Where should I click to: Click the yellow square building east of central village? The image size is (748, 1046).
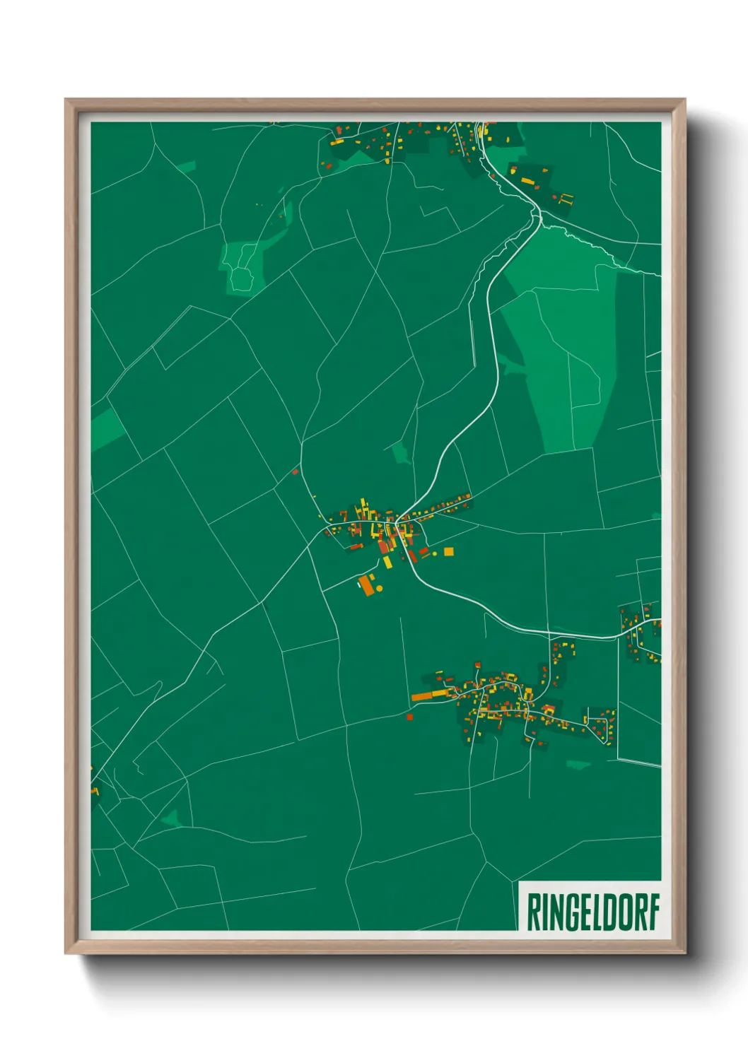coord(448,551)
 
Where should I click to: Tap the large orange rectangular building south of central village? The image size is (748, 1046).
coord(367,585)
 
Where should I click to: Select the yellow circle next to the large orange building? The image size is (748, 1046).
coord(380,588)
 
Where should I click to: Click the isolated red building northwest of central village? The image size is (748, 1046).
coord(296,471)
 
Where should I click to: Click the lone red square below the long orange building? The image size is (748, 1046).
coord(409,717)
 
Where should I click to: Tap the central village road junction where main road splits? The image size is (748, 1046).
coord(397,521)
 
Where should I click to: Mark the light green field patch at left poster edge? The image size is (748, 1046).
coord(106,428)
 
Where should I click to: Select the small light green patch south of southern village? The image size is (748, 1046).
coord(578,764)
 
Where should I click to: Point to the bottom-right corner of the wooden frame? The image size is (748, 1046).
coord(684,952)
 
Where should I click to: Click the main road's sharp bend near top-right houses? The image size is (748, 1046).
coord(537,212)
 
